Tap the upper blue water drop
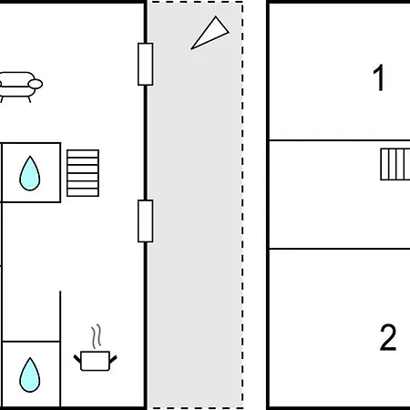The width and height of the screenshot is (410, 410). click(x=30, y=173)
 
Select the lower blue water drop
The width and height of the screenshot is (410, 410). click(x=30, y=374)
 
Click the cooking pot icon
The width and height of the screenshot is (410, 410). click(x=95, y=361)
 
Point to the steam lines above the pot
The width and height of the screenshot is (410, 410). click(x=97, y=336)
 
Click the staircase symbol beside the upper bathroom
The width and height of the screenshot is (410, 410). click(x=83, y=173)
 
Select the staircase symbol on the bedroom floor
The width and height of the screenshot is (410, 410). click(x=395, y=164)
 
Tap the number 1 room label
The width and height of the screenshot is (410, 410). click(x=379, y=77)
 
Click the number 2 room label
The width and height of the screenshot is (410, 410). click(x=388, y=337)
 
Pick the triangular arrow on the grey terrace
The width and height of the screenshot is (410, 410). click(x=210, y=34)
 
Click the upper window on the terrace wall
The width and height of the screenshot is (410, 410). click(x=146, y=64)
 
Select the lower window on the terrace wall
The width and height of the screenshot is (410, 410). click(x=146, y=221)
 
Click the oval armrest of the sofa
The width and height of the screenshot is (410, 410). click(x=36, y=84)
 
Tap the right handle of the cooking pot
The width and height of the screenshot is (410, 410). click(x=113, y=359)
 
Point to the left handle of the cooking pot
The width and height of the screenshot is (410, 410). click(x=77, y=359)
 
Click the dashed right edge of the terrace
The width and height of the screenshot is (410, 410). click(x=242, y=205)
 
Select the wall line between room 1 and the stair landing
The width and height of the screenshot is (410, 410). click(x=340, y=140)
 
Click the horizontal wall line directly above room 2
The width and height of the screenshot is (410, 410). click(x=340, y=249)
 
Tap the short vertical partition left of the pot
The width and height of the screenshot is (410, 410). click(x=60, y=349)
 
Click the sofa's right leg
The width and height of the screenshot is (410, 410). click(x=29, y=99)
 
